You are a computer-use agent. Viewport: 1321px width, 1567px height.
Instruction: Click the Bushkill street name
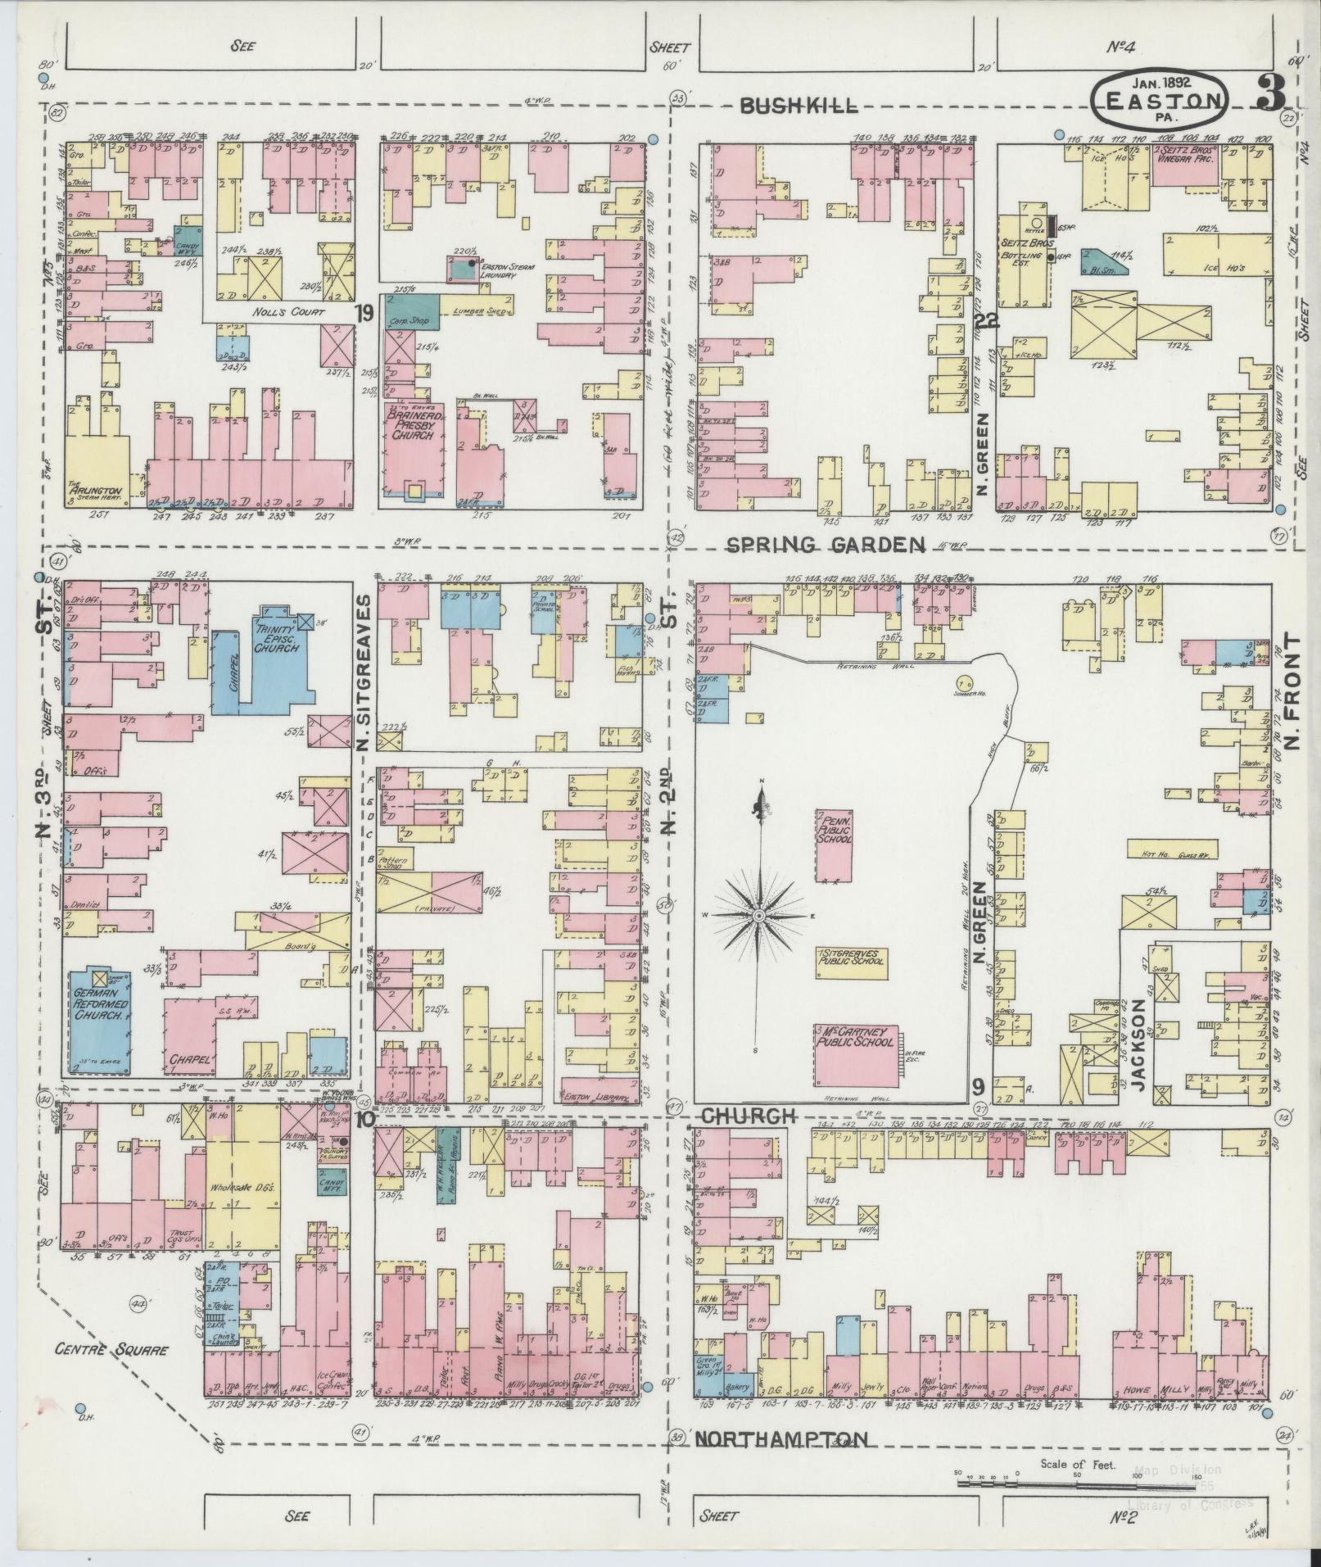click(798, 105)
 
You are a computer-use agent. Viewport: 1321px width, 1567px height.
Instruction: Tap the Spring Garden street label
click(826, 544)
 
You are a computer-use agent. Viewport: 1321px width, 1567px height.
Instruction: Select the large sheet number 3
click(1270, 94)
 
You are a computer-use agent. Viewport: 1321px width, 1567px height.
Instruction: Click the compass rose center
click(760, 914)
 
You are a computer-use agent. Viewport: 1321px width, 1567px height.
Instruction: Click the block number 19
click(365, 313)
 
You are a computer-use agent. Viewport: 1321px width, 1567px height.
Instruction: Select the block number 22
click(984, 321)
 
